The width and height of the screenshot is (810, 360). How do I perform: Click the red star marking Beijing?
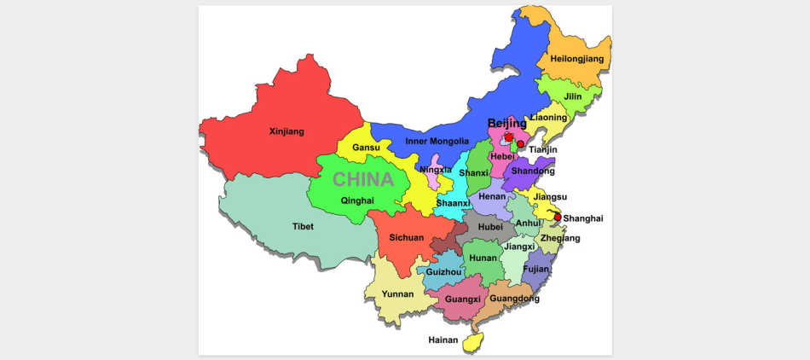(x=509, y=136)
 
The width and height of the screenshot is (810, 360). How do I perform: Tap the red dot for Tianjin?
(x=521, y=144)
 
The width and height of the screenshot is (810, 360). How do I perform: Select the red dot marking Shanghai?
(x=558, y=217)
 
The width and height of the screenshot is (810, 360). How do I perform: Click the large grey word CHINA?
(x=363, y=180)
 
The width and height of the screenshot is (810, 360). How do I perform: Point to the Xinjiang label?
(x=286, y=131)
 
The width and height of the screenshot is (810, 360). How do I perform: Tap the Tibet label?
(x=303, y=227)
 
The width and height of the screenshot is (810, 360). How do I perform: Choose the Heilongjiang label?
(x=576, y=59)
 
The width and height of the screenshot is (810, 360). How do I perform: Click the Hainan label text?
(x=443, y=340)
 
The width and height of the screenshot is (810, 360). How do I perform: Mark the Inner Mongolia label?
(x=437, y=141)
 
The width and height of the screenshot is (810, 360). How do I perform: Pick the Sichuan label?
(x=406, y=238)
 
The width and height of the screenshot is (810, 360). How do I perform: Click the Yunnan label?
(x=397, y=294)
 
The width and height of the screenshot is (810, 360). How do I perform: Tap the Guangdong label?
(x=514, y=299)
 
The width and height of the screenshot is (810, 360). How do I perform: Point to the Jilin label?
(x=575, y=96)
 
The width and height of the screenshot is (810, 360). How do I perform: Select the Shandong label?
(x=533, y=171)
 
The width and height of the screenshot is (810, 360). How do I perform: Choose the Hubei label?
(x=490, y=227)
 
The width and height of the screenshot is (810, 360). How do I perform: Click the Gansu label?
(x=366, y=148)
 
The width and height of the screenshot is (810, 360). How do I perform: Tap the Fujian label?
(x=535, y=269)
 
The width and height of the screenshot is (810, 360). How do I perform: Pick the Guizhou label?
(x=443, y=272)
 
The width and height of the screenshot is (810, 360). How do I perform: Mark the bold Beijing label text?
(x=506, y=124)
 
